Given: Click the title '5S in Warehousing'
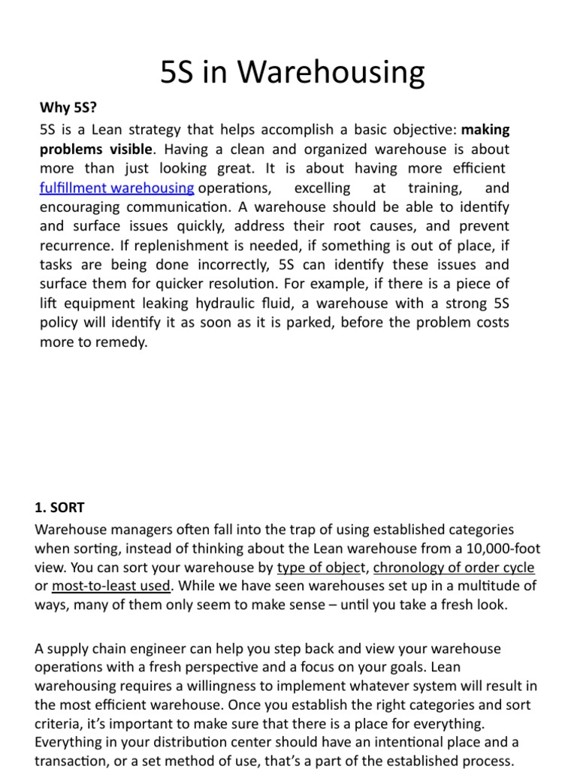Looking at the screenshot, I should (293, 73).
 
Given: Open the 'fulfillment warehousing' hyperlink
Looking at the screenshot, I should (116, 187).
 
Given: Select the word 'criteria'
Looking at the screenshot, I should (59, 723).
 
